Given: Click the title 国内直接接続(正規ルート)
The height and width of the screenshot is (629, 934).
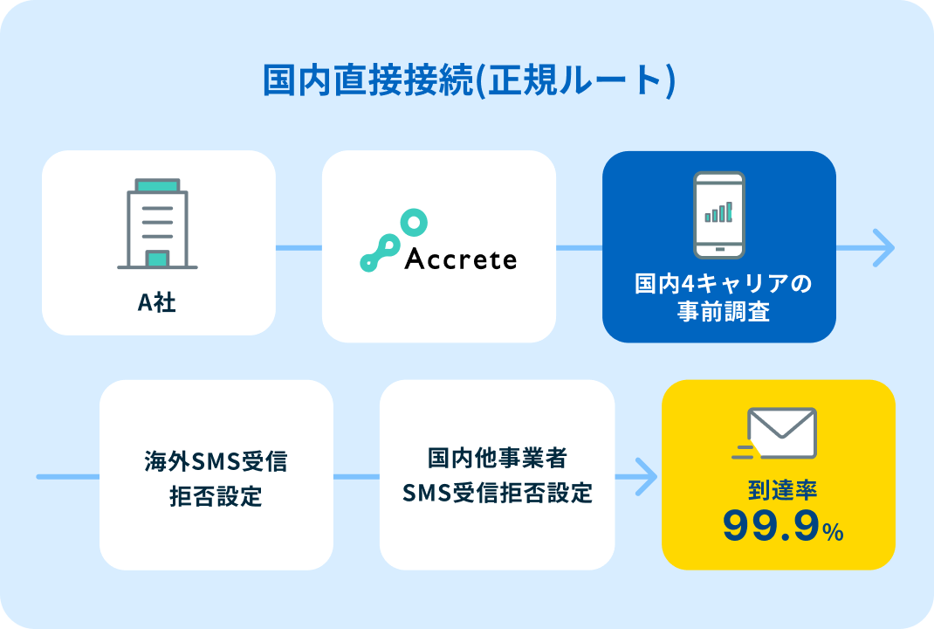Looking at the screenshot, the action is coord(470,79).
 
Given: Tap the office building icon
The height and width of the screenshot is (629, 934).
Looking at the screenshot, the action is coord(157,224).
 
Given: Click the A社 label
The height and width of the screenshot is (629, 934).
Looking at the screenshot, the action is coord(156,302).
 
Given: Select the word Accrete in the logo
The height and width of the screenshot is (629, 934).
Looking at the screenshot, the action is coord(460,259).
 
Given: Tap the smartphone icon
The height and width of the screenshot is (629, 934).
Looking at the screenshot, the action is coord(719,215).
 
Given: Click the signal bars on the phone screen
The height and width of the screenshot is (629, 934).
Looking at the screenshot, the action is coord(719,212).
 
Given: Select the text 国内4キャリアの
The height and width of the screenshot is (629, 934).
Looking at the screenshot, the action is coord(723,283).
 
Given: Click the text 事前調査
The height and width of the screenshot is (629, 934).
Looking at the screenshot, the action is coord(723,311).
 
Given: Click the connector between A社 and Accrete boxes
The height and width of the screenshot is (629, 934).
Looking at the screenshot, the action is coord(299,247).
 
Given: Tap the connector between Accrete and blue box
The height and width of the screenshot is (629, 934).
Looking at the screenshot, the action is coord(579,247).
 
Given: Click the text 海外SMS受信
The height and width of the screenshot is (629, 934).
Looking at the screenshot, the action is coord(216,461).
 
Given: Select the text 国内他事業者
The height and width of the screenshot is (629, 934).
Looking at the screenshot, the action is coord(498,458).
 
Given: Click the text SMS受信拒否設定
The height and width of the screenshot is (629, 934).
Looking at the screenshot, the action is coord(498,493).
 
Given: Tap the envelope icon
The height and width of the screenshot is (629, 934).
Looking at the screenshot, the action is coord(774,433).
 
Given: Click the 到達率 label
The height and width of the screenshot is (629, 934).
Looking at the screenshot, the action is coord(782,490).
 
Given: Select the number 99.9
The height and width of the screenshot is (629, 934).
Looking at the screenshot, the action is coord(772,526).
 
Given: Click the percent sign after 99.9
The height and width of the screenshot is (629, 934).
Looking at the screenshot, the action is coord(834,531).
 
